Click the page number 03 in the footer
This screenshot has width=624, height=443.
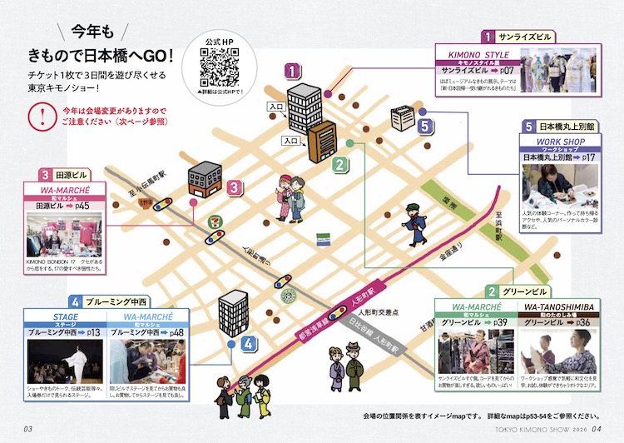[27, 430]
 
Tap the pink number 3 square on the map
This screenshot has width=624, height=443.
[235, 188]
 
